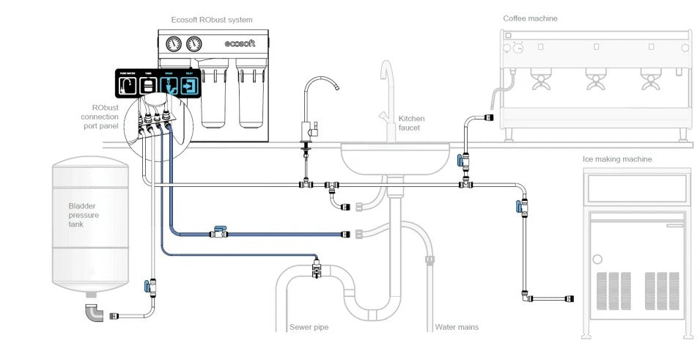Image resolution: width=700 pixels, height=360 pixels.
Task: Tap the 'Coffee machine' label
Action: [x=529, y=18]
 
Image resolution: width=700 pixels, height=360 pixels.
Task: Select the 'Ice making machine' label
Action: [x=617, y=158]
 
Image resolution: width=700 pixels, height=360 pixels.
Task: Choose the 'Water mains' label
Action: [x=457, y=327]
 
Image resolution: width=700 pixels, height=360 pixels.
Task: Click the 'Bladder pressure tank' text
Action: [x=83, y=216]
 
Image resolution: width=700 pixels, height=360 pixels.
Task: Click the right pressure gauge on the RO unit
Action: [x=194, y=43]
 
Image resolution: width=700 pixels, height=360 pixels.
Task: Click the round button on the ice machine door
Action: [x=597, y=258]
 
